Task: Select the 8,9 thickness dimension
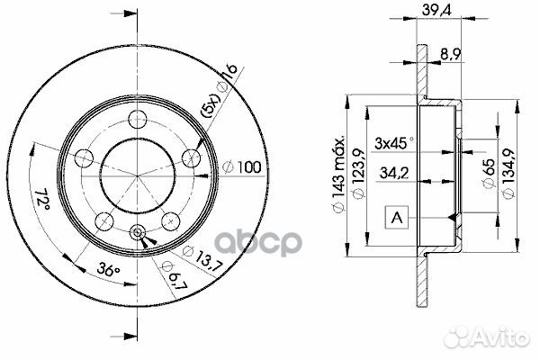tap(453, 54)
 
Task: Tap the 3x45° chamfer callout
tap(395, 142)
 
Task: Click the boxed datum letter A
tap(395, 216)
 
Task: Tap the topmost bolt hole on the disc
tap(138, 117)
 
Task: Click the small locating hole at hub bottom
tap(138, 231)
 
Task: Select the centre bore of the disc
tap(138, 171)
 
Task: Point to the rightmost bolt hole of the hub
tap(191, 157)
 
